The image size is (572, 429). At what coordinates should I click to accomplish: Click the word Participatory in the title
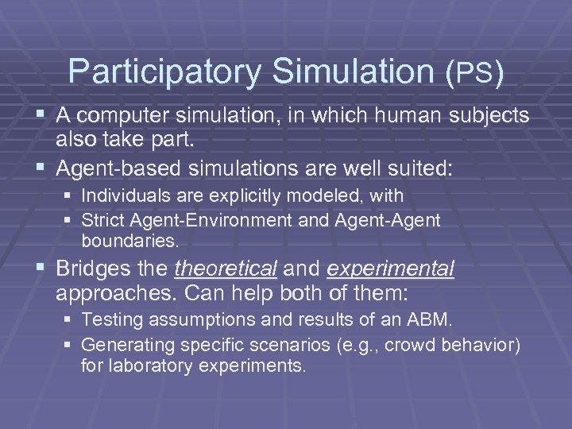coord(164,71)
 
